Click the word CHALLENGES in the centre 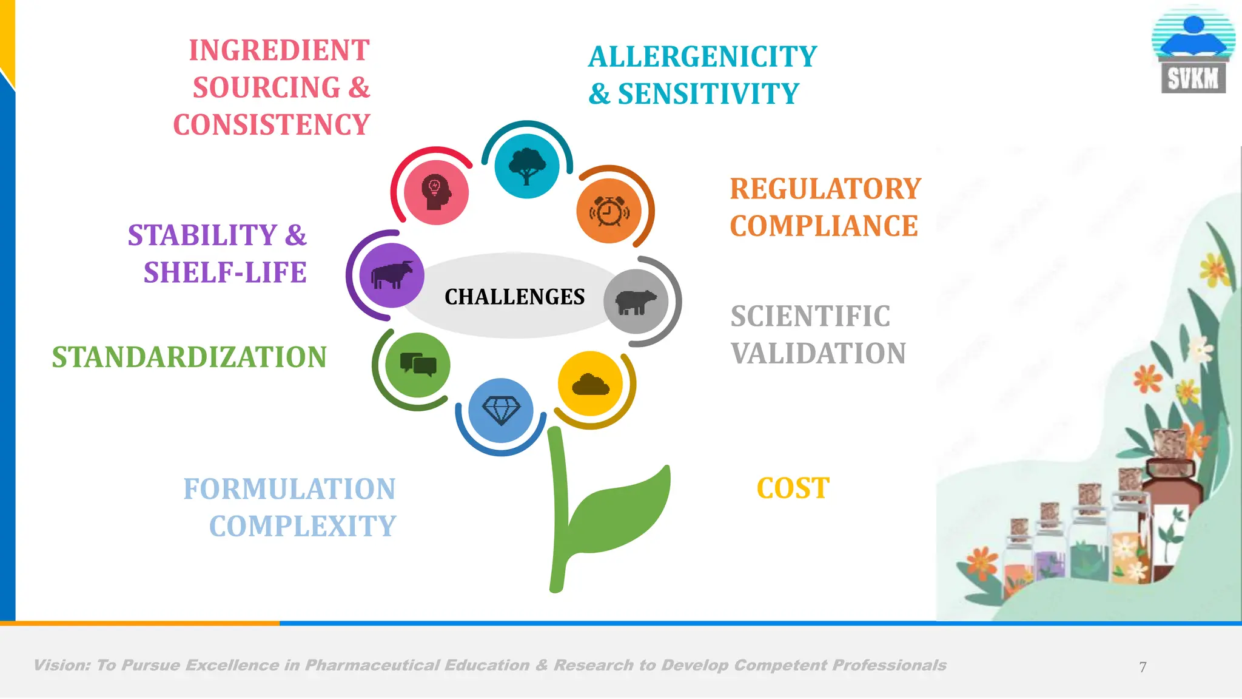coord(514,297)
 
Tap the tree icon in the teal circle coord(527,166)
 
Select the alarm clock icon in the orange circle coord(609,211)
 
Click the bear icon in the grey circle coord(636,302)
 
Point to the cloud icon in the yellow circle coord(590,385)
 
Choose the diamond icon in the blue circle coord(501,411)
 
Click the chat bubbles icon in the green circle coord(418,365)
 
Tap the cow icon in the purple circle coord(392,275)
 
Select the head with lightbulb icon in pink coord(436,192)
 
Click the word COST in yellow coord(793,488)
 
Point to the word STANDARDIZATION coord(189,357)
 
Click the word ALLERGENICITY coord(702,57)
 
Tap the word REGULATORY coord(825,189)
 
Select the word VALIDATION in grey coord(818,354)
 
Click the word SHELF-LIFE coord(225,272)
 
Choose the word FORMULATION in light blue coord(289,489)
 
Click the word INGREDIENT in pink coord(279,50)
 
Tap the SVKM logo coord(1193,55)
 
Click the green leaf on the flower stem coord(622,510)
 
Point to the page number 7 coord(1143,667)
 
